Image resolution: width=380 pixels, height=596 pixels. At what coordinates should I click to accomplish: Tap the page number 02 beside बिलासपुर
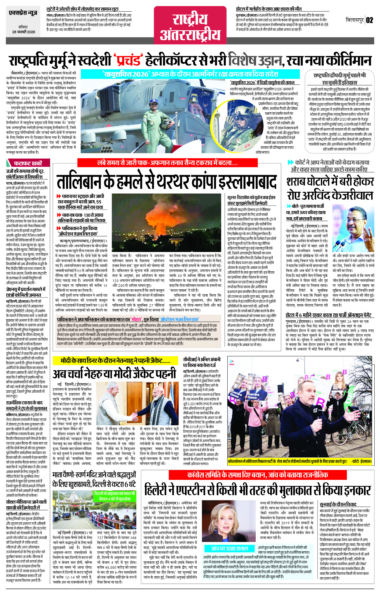pyautogui.click(x=369, y=20)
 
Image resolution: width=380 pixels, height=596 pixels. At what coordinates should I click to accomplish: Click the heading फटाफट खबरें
pyautogui.click(x=29, y=163)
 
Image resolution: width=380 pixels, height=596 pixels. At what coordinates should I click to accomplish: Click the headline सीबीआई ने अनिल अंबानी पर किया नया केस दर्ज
pyautogui.click(x=201, y=362)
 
